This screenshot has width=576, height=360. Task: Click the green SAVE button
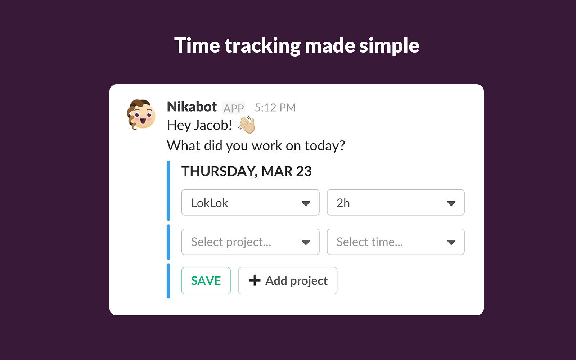pos(206,280)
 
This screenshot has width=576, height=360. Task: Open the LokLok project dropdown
pos(250,202)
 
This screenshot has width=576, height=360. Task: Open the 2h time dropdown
pos(396,202)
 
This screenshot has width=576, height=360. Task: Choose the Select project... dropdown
pos(250,242)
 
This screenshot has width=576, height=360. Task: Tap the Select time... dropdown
pos(396,242)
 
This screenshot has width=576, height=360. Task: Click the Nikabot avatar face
pos(141,115)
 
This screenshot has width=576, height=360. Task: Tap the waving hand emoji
pos(246,125)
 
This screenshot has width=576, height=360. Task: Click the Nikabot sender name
pos(192,107)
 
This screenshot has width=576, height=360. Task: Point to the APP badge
pos(234,108)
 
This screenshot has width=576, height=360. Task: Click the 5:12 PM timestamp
pos(275,108)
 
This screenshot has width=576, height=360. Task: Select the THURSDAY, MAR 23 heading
pos(246,171)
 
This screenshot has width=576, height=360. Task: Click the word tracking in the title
pos(262,45)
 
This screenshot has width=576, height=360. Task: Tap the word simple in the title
pos(389,45)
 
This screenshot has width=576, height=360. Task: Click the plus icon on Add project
pos(255,280)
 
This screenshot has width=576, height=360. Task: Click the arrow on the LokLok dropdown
pos(306,203)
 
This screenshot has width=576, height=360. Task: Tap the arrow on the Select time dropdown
pos(451,242)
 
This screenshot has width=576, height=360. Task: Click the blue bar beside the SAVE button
pos(168,281)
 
